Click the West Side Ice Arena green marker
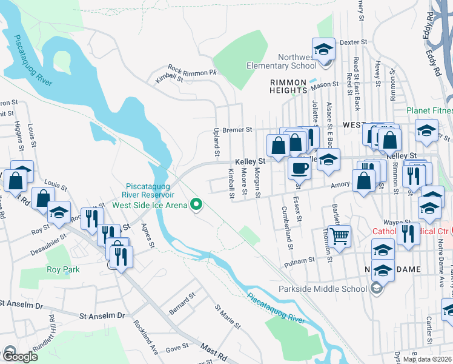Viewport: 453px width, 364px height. (x=196, y=204)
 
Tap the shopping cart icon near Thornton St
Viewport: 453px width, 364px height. (x=339, y=235)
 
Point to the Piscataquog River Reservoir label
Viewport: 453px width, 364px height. (x=151, y=190)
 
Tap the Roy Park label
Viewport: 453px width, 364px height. (x=64, y=269)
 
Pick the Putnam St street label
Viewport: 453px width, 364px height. (x=299, y=260)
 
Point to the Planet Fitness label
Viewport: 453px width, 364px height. (x=429, y=110)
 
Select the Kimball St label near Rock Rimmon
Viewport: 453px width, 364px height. (x=169, y=78)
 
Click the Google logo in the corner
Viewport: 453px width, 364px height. (x=20, y=357)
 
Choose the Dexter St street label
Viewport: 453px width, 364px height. (x=354, y=42)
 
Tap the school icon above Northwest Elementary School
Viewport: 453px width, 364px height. (x=323, y=48)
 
